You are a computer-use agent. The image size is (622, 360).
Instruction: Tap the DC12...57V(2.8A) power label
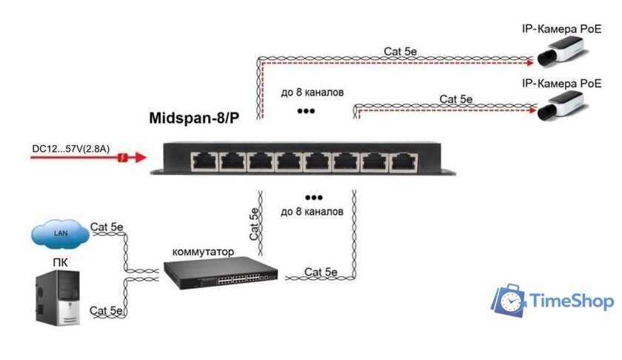coord(71,149)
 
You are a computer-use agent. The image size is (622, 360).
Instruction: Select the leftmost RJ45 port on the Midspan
coord(202,160)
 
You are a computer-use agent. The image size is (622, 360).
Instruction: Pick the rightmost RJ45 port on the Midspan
coord(403,160)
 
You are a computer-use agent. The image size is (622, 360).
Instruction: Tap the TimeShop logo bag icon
coord(509,301)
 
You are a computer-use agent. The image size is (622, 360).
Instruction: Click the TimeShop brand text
coord(572,301)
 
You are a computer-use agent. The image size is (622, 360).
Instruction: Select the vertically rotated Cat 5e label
coord(254,224)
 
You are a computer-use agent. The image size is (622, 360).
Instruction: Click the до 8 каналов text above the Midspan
coord(312,93)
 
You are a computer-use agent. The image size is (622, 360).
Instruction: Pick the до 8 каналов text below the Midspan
coord(312,211)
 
